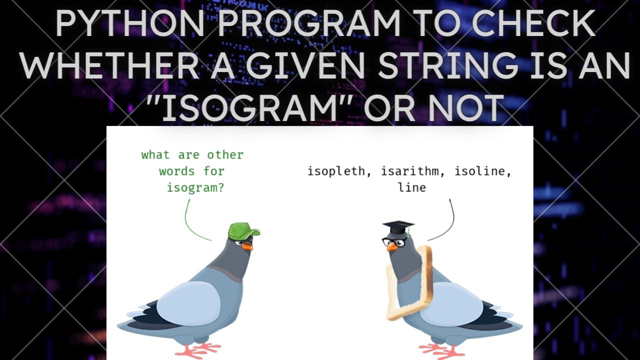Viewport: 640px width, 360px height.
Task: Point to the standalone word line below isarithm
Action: click(412, 187)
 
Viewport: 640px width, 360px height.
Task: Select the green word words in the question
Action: click(177, 171)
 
